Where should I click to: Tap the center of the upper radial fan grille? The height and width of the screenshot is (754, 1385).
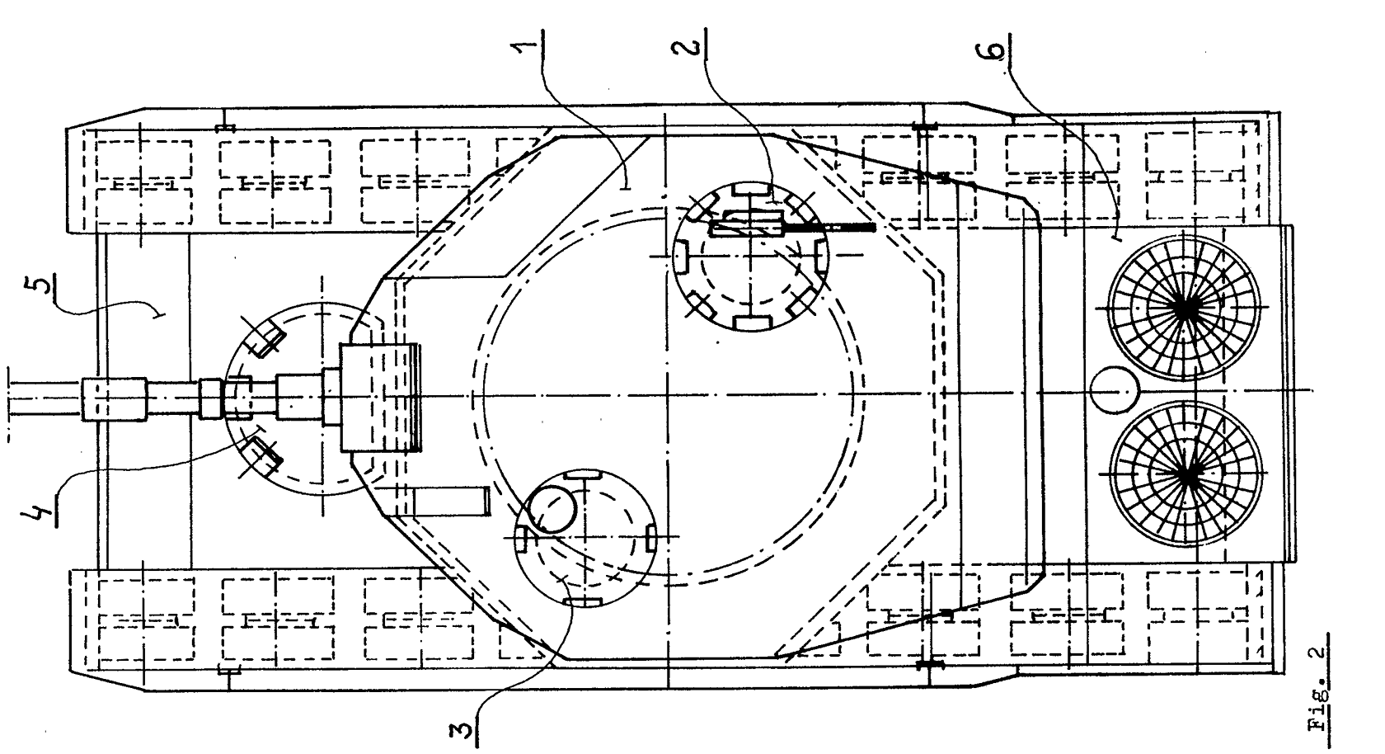(x=1185, y=307)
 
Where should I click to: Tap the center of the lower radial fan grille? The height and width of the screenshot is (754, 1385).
(x=1185, y=475)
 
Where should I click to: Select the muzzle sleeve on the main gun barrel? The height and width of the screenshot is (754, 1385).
(x=114, y=399)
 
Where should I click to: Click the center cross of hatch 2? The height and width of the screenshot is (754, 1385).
(x=749, y=256)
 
